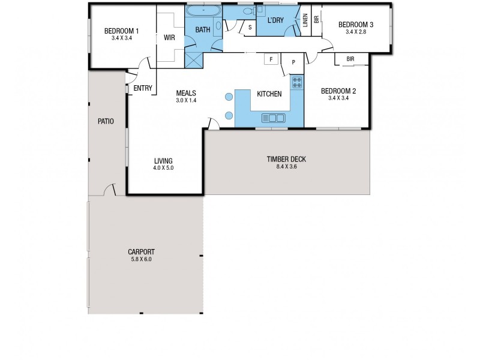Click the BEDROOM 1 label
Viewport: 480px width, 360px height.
[122, 31]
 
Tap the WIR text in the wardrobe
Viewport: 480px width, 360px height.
[169, 37]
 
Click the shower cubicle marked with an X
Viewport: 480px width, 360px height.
[193, 60]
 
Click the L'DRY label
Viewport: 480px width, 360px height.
[275, 20]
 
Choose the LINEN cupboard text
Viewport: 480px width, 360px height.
[305, 21]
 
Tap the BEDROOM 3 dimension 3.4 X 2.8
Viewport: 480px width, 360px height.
[356, 32]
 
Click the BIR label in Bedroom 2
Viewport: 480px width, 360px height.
[350, 59]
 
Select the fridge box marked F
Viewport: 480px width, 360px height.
[271, 59]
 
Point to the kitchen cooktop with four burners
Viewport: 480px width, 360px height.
[297, 82]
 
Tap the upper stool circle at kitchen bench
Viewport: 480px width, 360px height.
[229, 97]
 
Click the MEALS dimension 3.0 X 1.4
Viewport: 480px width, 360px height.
[186, 101]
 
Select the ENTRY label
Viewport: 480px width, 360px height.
[143, 88]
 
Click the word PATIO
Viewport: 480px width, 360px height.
[106, 121]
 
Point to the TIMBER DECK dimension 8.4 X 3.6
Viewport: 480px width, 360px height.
[286, 166]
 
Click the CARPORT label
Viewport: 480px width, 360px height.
[141, 252]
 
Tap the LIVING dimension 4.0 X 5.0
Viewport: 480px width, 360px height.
[163, 168]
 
